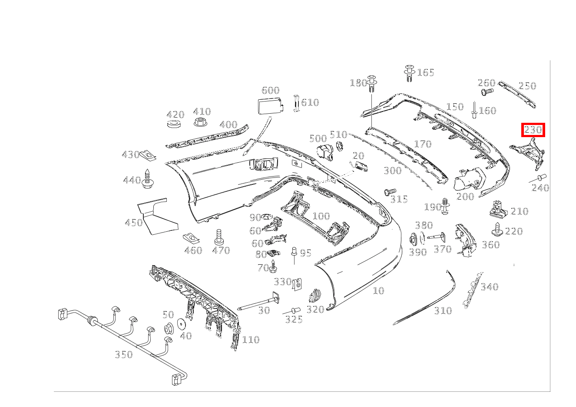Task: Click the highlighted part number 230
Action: [533, 130]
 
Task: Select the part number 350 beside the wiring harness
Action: [123, 354]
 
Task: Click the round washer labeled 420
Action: [174, 125]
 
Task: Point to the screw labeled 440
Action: [149, 179]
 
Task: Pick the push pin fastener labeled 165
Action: [409, 73]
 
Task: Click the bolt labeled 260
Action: [487, 92]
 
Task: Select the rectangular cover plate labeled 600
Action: [269, 105]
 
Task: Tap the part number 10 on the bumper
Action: [378, 291]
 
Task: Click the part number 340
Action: [490, 287]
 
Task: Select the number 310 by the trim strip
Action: [443, 311]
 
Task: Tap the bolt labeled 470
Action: [219, 236]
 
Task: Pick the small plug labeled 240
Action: [541, 177]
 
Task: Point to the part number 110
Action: [251, 340]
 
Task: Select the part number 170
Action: [423, 144]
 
